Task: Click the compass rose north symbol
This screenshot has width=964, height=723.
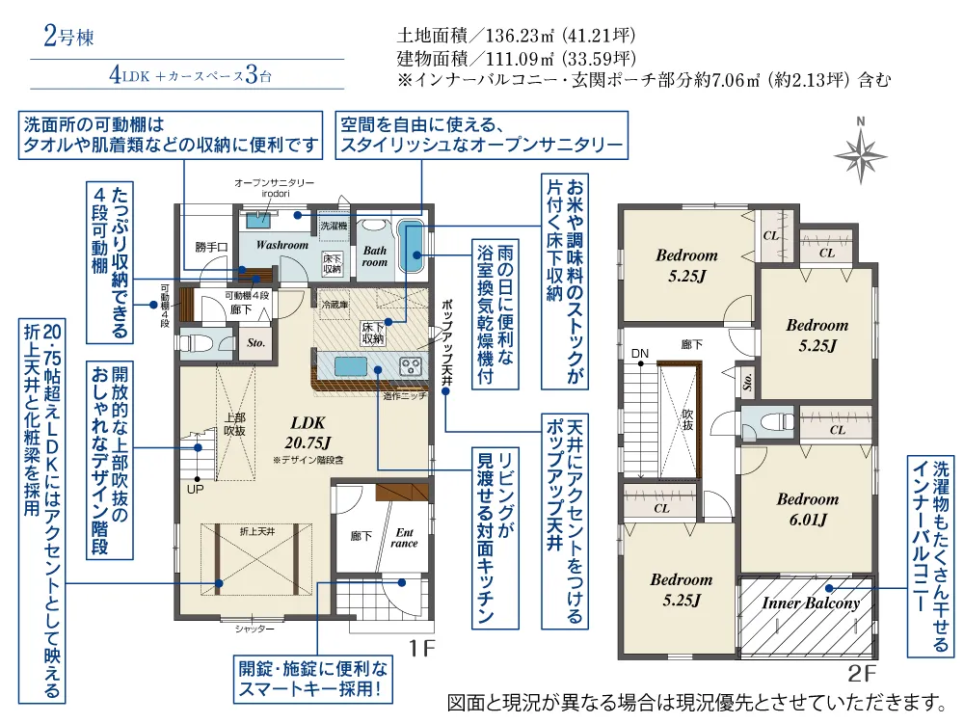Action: tap(860, 150)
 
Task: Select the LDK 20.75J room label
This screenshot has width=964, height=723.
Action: tap(308, 432)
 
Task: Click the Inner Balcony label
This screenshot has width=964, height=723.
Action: tap(811, 602)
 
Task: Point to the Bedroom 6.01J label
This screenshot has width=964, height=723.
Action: tap(808, 509)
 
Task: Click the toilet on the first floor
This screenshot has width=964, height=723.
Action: tap(196, 342)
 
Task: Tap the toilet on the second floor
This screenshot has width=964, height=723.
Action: tap(774, 422)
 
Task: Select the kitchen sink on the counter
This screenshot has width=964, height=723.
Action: tap(351, 368)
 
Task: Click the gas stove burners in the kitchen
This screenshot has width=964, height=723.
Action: tap(411, 367)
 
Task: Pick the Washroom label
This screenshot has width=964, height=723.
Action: tap(282, 245)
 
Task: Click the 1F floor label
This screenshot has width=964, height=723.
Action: tap(422, 648)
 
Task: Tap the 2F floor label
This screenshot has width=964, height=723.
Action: tap(861, 673)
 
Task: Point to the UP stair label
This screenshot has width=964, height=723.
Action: tap(195, 490)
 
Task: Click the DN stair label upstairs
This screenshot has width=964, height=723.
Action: tap(640, 354)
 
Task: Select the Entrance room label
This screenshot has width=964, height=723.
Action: tap(404, 538)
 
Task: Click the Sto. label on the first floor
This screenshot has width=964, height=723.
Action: tap(255, 343)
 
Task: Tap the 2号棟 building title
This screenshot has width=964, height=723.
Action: tap(68, 37)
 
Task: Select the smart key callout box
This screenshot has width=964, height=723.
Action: tap(313, 679)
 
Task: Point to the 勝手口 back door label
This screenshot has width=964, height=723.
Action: tap(211, 247)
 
